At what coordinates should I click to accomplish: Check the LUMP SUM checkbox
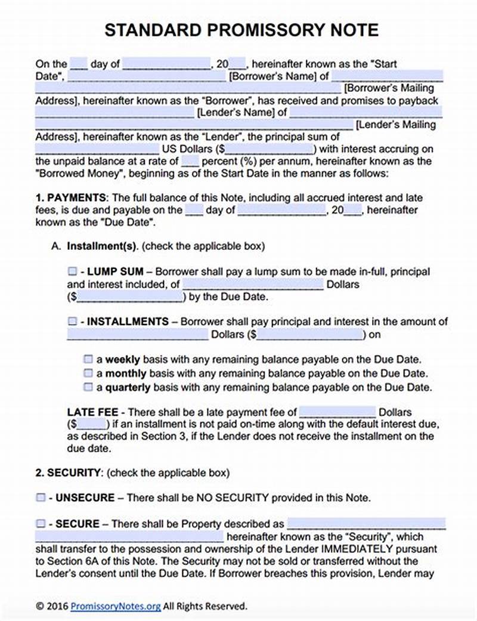click(x=72, y=271)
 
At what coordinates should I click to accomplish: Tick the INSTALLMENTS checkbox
click(x=72, y=322)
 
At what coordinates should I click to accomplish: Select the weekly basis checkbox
click(x=88, y=360)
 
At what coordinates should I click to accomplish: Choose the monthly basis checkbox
click(x=88, y=373)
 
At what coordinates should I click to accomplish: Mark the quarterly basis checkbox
click(x=88, y=387)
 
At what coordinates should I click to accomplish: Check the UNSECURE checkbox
click(x=41, y=497)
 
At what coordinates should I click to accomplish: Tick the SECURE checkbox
click(x=41, y=524)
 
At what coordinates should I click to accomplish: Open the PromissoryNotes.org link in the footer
click(x=116, y=606)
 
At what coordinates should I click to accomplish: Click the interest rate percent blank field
click(x=190, y=161)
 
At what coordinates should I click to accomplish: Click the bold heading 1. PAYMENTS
click(x=71, y=197)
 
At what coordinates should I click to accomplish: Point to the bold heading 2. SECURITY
click(x=68, y=472)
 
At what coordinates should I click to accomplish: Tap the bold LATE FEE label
click(x=92, y=412)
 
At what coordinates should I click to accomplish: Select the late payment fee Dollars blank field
click(x=337, y=412)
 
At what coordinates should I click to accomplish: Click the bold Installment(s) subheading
click(x=103, y=246)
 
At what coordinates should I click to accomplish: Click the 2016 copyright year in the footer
click(x=58, y=606)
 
